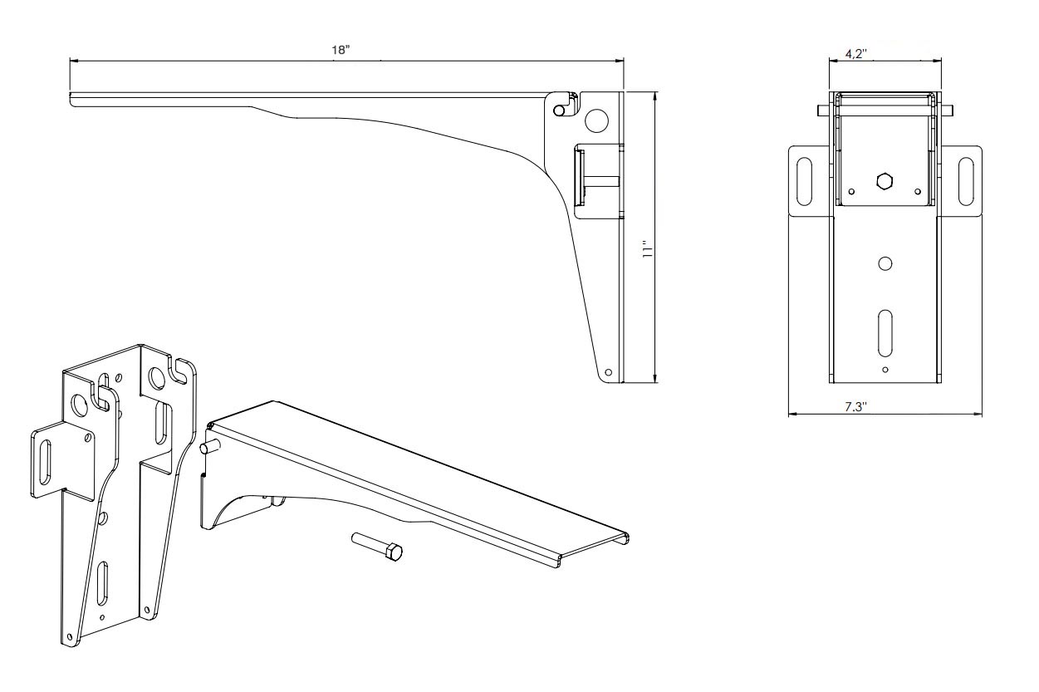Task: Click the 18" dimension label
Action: click(341, 51)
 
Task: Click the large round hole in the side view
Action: click(596, 121)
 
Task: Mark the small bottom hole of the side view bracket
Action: click(609, 372)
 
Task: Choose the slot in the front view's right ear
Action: click(966, 176)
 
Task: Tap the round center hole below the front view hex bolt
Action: click(885, 264)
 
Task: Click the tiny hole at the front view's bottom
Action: click(885, 369)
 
